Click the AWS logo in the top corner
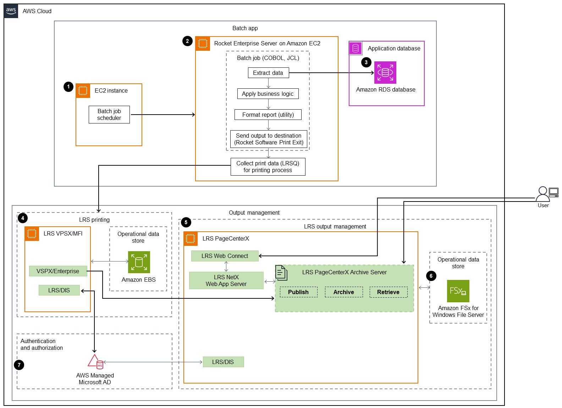11,11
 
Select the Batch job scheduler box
109,115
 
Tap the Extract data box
268,73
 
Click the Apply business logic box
268,94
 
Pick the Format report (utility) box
268,115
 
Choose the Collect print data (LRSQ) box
268,167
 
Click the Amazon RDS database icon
385,72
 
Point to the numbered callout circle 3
366,62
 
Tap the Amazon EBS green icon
139,262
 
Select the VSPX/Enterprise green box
58,271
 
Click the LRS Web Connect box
225,256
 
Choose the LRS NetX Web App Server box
226,280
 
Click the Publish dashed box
298,292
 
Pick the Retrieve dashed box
388,292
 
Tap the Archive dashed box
343,292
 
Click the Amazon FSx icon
458,291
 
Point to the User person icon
542,194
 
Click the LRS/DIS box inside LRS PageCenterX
223,362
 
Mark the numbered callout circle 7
19,365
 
